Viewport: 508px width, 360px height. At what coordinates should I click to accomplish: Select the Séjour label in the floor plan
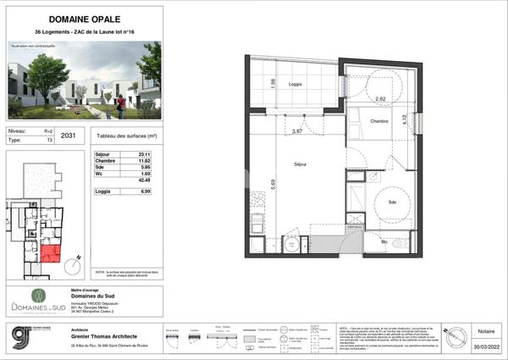click(299, 163)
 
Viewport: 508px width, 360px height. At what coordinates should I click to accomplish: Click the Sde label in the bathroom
click(393, 202)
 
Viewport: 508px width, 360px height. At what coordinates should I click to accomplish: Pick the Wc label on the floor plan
click(384, 241)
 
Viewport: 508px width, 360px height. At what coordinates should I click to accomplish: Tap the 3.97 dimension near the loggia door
click(297, 131)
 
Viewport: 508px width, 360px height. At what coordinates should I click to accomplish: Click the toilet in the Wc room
click(397, 244)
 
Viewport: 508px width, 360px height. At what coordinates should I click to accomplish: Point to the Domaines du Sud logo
click(37, 302)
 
